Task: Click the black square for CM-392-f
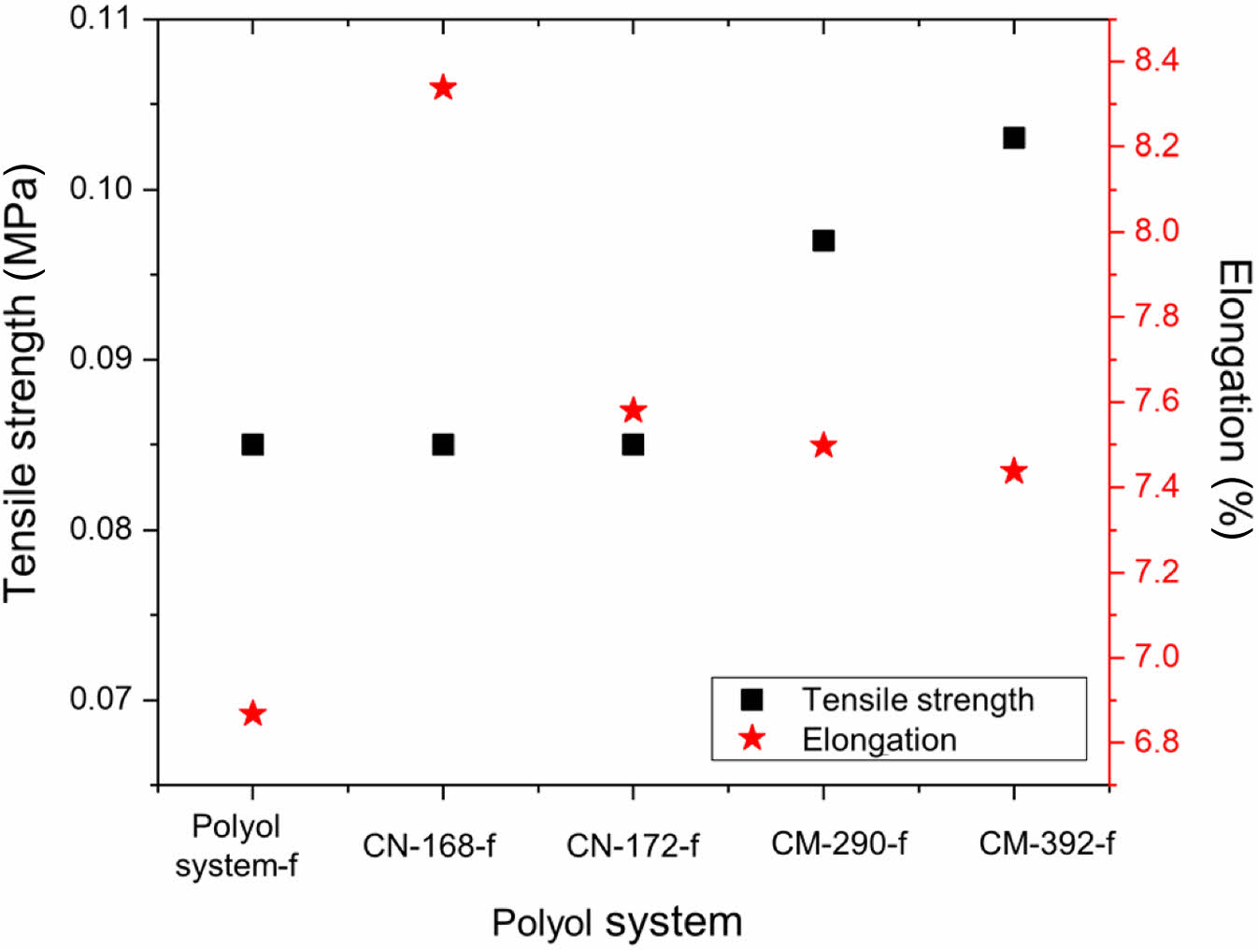1013,138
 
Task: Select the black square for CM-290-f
822,240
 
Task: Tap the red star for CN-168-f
443,88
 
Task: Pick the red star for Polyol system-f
252,714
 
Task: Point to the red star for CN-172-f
633,410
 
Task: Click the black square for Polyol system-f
252,444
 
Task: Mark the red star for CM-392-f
1013,471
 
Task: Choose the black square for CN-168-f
443,444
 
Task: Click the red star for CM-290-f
822,445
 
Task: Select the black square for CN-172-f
633,444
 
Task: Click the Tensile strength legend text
918,699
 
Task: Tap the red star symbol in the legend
751,739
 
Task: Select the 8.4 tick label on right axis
1156,61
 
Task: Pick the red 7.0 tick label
1156,656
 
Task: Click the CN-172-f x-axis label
633,845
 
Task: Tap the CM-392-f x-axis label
1046,843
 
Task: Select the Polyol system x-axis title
617,922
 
